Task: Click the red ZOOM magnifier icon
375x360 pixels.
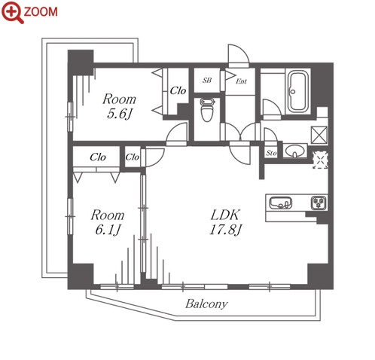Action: (x=12, y=12)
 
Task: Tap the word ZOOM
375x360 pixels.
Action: (x=41, y=12)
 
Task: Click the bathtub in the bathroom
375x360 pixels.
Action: (x=297, y=91)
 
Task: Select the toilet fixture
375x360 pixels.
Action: (x=207, y=110)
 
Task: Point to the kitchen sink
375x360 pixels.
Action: (x=281, y=203)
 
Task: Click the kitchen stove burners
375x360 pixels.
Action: (x=319, y=203)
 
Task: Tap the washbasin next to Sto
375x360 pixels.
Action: (x=295, y=151)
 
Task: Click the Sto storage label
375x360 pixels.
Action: (x=271, y=153)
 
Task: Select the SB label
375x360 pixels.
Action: (x=207, y=81)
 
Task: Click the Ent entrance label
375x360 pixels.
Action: (x=241, y=81)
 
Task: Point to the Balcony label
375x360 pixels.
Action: (x=206, y=304)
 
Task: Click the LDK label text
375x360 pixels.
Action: (x=225, y=215)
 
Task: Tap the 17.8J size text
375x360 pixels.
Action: (x=226, y=230)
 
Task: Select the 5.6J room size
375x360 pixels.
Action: (x=120, y=114)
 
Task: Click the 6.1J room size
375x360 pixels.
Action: (x=108, y=230)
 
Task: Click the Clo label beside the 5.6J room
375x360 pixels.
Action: (x=178, y=90)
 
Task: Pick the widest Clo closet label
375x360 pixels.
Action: (x=98, y=157)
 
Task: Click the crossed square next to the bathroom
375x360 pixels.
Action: (x=319, y=135)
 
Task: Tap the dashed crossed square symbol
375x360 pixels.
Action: (x=320, y=160)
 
